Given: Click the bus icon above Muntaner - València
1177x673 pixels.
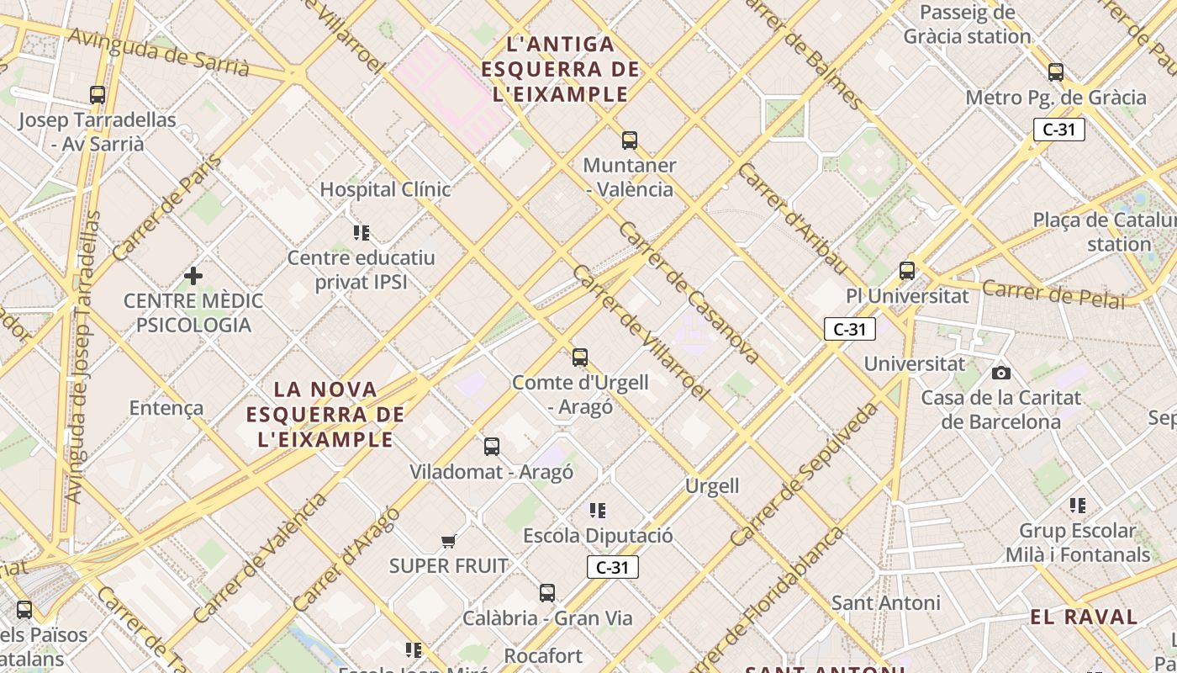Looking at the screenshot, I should point(630,140).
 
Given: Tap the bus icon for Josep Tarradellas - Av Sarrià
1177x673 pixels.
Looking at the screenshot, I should point(98,95).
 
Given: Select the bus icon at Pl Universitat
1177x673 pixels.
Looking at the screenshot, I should point(907,271).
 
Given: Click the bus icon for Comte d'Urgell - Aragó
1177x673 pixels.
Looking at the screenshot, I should point(580,357).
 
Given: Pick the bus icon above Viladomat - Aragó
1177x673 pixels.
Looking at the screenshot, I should point(492,447).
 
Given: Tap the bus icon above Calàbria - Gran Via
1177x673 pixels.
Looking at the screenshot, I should point(547,593).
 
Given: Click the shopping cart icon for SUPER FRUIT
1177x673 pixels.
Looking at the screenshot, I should point(449,541).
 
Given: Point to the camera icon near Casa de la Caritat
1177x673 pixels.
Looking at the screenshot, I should point(1000,372).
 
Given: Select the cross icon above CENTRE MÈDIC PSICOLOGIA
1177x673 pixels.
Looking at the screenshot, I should point(193,275).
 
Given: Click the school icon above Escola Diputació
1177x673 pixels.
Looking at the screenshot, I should point(598,510).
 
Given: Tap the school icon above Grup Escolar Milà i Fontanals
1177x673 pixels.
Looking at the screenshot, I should point(1078,506).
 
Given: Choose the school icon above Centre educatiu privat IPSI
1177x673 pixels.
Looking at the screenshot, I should point(362,232).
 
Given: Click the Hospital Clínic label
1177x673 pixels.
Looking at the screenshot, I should point(385,189).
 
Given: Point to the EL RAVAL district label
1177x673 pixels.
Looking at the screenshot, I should point(1084,617).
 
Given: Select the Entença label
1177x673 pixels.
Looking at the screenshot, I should point(166,408).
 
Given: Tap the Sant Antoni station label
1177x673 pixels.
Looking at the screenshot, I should point(886,602).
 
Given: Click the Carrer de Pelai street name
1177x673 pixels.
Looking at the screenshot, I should point(1053,294).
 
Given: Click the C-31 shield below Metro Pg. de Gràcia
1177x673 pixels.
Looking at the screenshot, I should point(1059,130).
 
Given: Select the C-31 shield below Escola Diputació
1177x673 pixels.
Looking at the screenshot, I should point(613,567).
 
